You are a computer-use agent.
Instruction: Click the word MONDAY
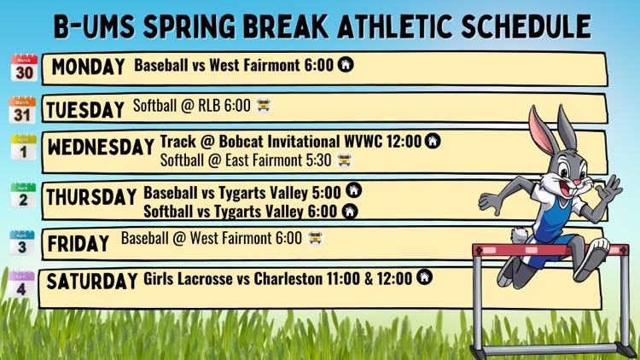coord(89,67)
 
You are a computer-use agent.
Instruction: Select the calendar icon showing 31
coord(23,110)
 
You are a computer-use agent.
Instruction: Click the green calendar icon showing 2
coord(23,196)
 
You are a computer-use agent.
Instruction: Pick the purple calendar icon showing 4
coord(23,286)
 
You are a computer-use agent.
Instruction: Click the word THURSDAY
coord(92,197)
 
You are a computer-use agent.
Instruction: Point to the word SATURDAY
coord(92,281)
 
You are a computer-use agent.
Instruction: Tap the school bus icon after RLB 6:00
coord(264,106)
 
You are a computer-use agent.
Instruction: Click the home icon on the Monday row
coord(346,64)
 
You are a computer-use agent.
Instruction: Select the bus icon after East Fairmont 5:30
coord(345,160)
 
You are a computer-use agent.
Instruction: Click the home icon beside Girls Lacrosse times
coord(423,278)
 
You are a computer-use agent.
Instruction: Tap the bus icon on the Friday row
coord(315,238)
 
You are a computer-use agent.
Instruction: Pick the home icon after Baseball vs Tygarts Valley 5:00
coord(352,191)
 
